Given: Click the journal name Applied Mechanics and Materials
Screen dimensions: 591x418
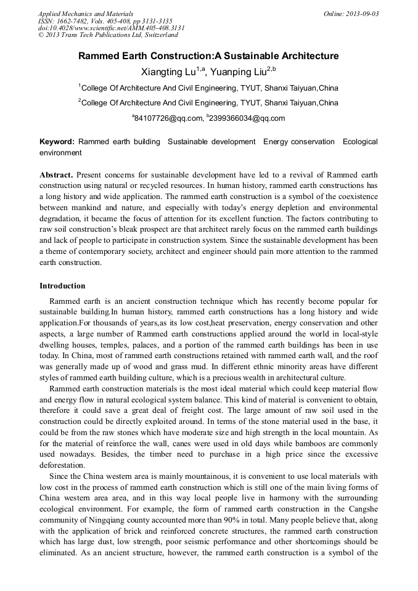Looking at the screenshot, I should tap(85, 13).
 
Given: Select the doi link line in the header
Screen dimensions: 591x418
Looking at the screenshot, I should tap(111, 28).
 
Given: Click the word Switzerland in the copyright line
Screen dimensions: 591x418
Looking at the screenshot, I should tap(157, 35).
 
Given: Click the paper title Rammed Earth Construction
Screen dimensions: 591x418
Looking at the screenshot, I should tap(208, 56).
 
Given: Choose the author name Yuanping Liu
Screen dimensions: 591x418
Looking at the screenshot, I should tap(237, 72).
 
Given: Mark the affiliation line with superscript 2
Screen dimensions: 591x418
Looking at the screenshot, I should tap(208, 103).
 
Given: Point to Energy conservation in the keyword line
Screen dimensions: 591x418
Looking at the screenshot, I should tap(299, 142).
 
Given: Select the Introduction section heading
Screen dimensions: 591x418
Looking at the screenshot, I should tap(62, 286).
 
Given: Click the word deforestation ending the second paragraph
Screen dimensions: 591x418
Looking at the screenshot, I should tap(63, 466).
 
